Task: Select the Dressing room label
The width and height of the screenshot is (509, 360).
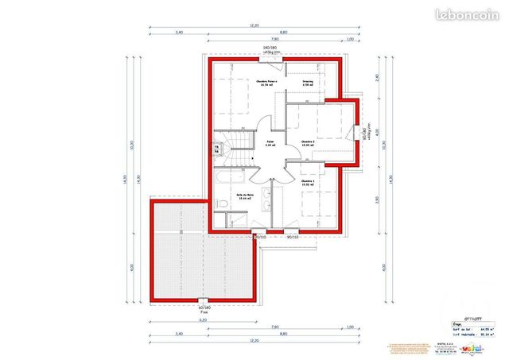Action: point(307,82)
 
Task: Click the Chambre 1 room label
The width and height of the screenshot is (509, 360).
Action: point(307,182)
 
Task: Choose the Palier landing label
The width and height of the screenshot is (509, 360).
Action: point(270,144)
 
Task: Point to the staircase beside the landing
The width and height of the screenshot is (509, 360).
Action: point(231,149)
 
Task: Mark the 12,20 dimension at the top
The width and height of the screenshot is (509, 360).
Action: point(254,25)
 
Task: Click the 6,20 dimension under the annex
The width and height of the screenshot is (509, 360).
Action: point(204,320)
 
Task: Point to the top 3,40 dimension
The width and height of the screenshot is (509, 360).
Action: point(179,32)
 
